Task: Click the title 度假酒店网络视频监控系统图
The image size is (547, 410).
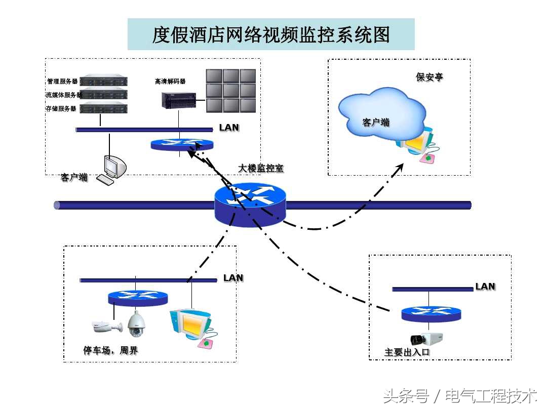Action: pos(271,34)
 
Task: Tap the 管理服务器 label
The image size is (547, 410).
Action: pos(62,81)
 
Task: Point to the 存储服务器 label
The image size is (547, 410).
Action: pos(61,108)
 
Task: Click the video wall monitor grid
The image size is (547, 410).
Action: pos(230,91)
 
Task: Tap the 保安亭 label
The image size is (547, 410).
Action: pos(429,77)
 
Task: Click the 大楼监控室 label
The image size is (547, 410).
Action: pos(261,169)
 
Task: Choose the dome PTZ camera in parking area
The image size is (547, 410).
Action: pos(136,324)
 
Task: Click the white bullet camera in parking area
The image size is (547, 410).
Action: pos(107,327)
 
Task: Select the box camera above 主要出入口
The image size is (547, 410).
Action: pos(426,339)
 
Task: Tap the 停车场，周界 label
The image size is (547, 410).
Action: pos(110,350)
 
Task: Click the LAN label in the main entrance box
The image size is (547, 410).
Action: pos(485,286)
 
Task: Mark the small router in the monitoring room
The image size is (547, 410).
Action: pos(182,144)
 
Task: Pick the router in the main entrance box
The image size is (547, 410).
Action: pos(432,313)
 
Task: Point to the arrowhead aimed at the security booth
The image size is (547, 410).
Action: pos(400,168)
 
